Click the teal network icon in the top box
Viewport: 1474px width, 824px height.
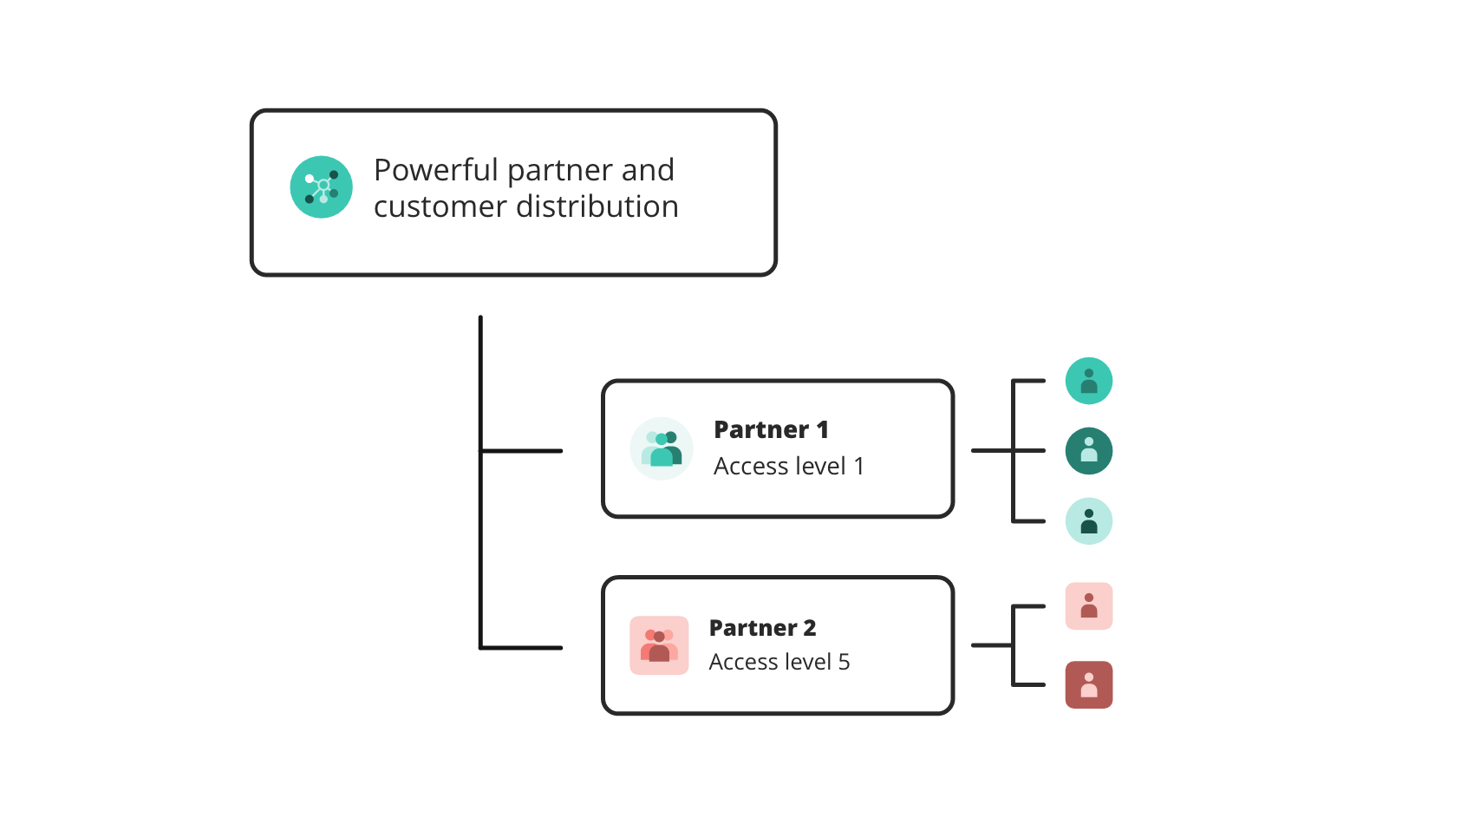point(321,187)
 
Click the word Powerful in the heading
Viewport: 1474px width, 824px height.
point(436,170)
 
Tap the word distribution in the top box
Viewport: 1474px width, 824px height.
point(597,206)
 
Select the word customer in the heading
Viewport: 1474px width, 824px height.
point(440,206)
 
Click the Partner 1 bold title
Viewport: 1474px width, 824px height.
point(771,429)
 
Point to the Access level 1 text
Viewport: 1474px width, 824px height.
point(788,467)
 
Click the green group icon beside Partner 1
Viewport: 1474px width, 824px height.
point(662,448)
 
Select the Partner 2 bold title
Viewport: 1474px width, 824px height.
point(762,627)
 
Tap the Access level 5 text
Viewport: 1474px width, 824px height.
point(779,662)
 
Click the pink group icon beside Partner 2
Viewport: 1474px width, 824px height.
point(659,645)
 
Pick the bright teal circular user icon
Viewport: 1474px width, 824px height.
point(1088,381)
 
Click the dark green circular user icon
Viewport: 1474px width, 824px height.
point(1088,451)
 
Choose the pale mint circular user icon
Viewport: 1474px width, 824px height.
point(1088,521)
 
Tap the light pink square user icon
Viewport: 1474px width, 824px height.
point(1088,605)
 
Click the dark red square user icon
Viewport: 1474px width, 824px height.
point(1088,684)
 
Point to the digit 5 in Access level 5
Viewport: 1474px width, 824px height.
point(844,662)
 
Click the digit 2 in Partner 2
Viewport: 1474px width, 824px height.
point(810,627)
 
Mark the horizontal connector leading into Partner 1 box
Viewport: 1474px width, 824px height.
point(522,451)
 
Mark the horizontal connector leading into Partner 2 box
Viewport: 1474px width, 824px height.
point(522,647)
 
